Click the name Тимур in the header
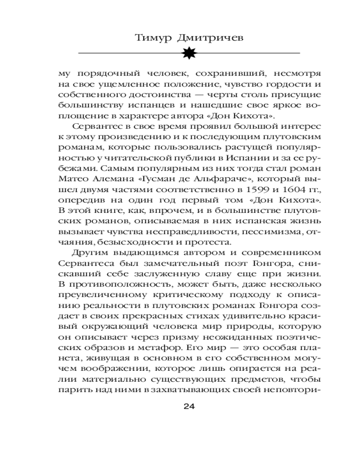[x=153, y=38]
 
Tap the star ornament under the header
[x=189, y=53]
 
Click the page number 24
[x=189, y=406]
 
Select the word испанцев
[x=137, y=106]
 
